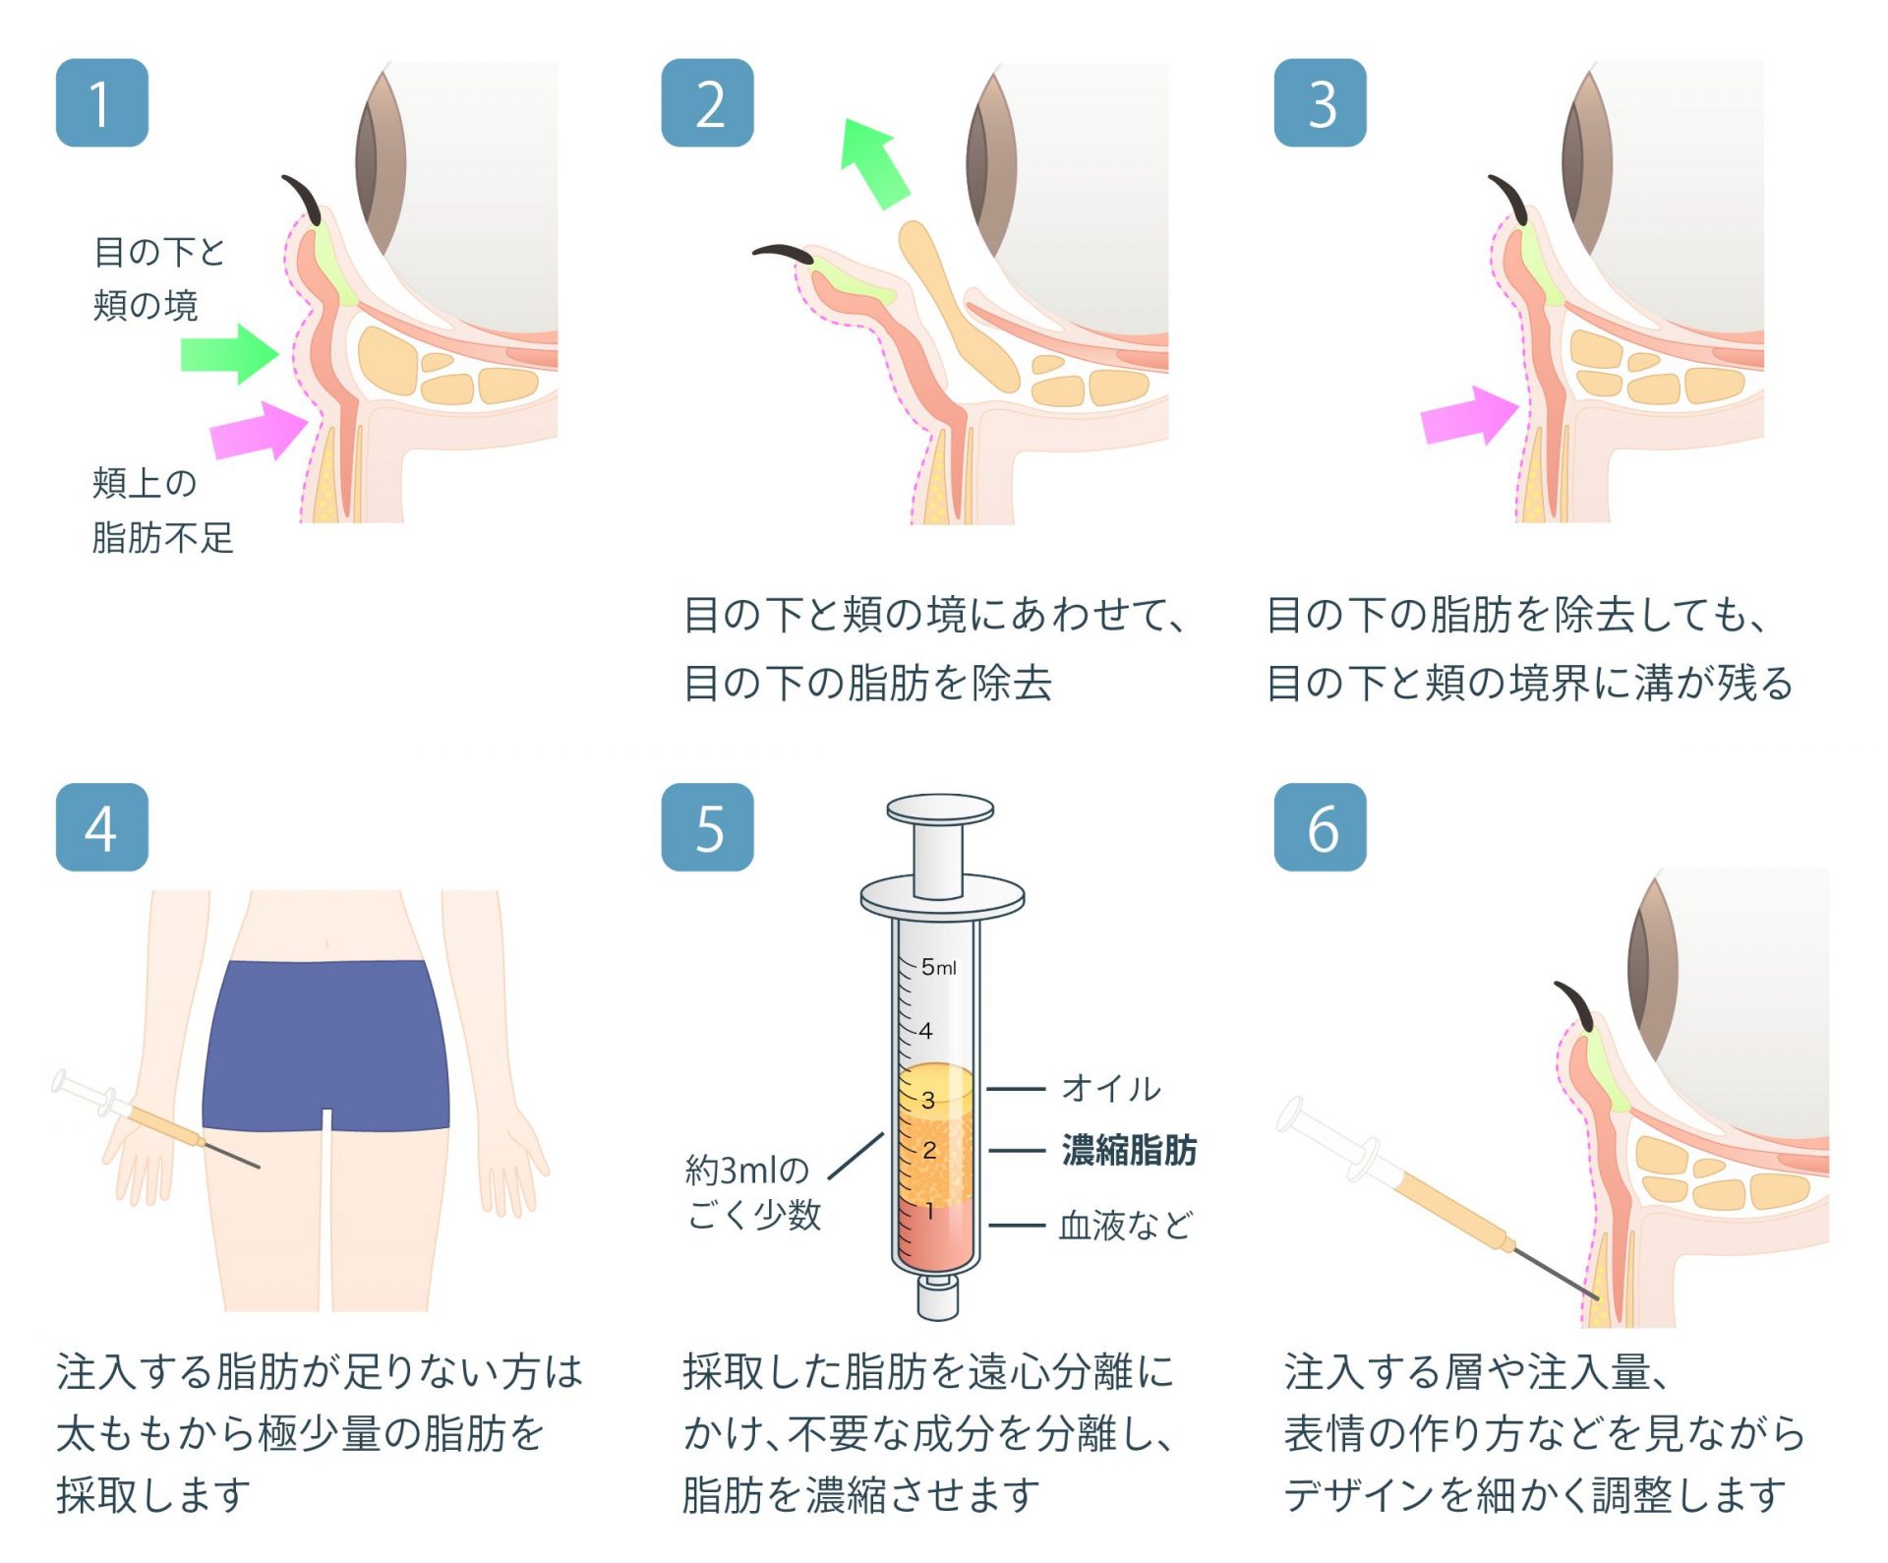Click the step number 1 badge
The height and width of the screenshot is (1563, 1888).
tap(102, 103)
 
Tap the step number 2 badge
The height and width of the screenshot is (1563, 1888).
tap(708, 103)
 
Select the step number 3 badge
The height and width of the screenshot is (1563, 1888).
tap(1321, 103)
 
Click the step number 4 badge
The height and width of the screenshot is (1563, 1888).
tap(102, 827)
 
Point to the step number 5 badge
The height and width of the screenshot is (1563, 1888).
tap(708, 827)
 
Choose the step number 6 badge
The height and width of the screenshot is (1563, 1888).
tap(1321, 827)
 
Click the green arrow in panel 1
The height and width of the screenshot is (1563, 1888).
tap(230, 355)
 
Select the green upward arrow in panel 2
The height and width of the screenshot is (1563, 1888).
tap(875, 163)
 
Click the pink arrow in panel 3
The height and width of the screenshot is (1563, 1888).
tap(1470, 415)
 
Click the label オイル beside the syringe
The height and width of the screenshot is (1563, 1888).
tap(1111, 1089)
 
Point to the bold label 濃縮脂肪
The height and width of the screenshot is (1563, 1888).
tap(1129, 1150)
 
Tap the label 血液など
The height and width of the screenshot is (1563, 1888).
tap(1126, 1226)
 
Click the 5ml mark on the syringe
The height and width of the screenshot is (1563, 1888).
tap(939, 967)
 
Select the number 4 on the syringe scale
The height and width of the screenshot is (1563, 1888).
tap(925, 1031)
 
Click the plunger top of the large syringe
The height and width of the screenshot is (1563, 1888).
tap(940, 810)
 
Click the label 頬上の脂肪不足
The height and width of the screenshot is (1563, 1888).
tap(163, 511)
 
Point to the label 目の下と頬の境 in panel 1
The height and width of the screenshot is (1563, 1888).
tap(159, 278)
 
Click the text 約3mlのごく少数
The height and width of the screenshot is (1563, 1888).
tap(753, 1192)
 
